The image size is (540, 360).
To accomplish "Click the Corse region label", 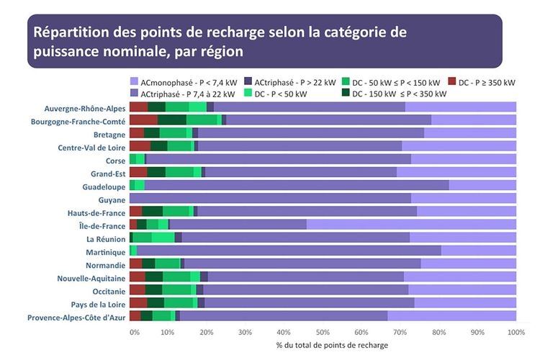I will [115, 160].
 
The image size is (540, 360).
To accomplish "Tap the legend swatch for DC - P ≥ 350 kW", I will [453, 81].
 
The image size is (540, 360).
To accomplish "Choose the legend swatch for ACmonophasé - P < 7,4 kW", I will [135, 81].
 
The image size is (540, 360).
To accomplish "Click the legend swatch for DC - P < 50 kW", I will [249, 94].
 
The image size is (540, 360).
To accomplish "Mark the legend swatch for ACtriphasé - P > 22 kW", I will [249, 81].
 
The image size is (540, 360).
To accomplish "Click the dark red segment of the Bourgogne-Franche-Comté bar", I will [143, 120].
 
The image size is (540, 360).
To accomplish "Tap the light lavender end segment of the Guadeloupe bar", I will [482, 186].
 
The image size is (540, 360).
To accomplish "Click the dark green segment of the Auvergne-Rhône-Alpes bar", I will [157, 107].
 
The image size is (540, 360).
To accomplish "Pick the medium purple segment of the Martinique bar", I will [288, 251].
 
